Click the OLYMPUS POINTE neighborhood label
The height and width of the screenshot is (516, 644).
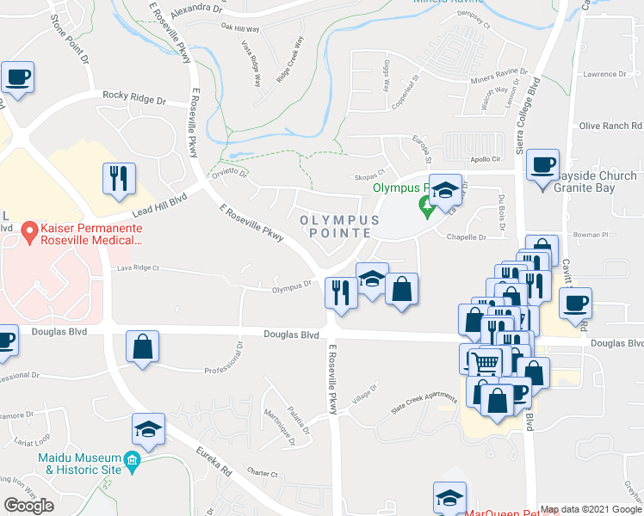point(340,227)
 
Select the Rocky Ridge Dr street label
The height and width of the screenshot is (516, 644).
point(133,100)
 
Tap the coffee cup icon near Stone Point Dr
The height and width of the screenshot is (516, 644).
point(16,77)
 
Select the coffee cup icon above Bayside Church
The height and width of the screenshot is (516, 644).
point(542,164)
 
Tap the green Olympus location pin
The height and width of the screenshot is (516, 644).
point(424,206)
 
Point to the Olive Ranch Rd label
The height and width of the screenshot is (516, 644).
point(610,126)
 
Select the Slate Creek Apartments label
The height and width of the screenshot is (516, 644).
point(424,402)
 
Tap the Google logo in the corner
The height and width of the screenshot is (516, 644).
point(28,506)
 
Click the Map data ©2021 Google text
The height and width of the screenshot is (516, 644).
point(590,509)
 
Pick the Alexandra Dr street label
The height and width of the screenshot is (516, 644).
point(196,8)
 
